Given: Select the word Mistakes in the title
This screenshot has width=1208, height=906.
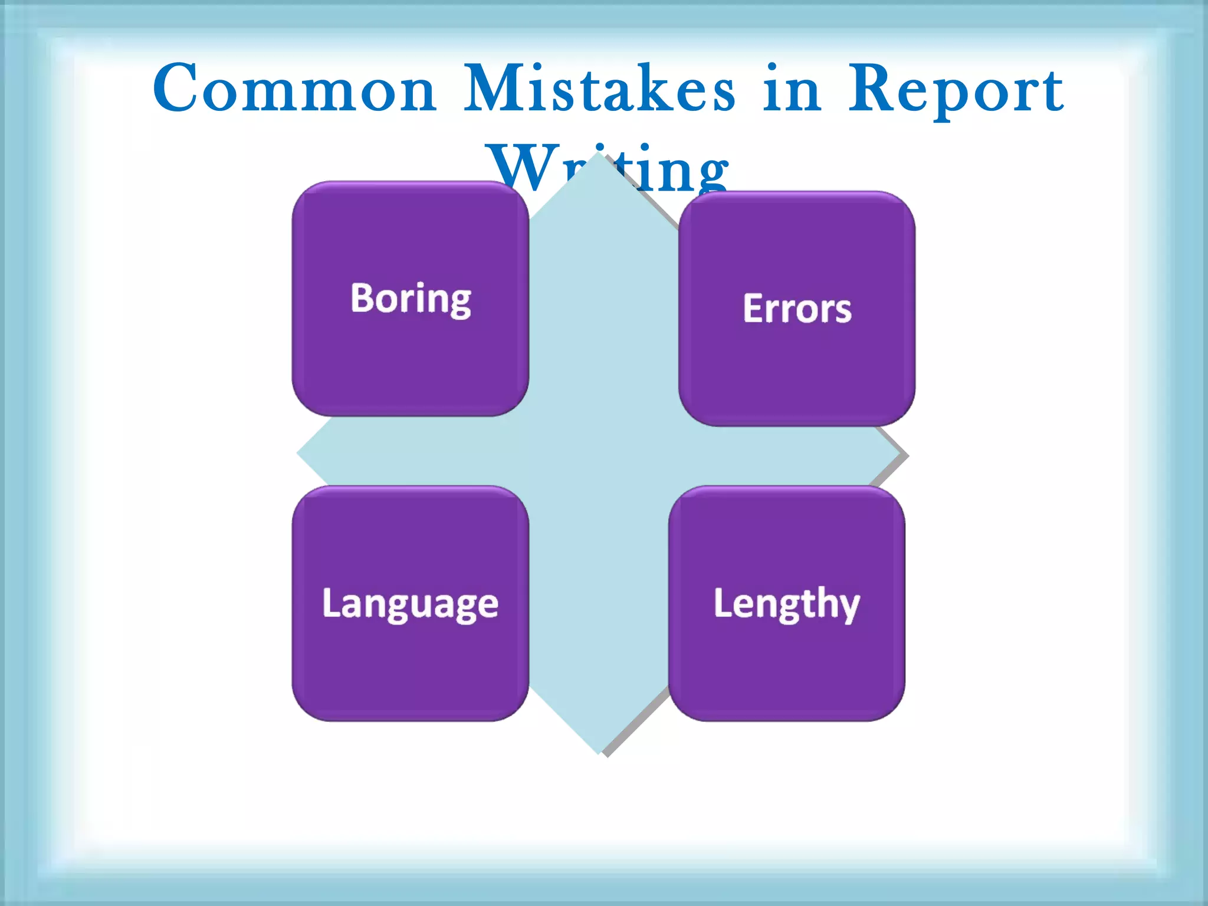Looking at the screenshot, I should pyautogui.click(x=599, y=88).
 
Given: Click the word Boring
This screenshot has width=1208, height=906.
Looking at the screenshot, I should pyautogui.click(x=411, y=299).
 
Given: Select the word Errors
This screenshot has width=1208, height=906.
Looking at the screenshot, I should pyautogui.click(x=797, y=308).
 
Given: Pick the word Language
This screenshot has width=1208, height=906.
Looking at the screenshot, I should pyautogui.click(x=410, y=604).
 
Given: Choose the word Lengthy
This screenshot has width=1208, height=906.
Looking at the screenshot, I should pyautogui.click(x=786, y=603).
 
